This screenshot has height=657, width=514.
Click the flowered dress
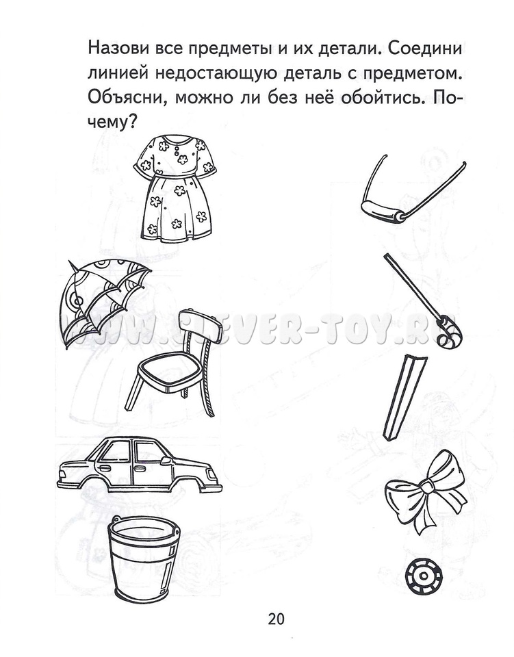(x=175, y=189)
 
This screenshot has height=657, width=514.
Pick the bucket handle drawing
(x=413, y=191)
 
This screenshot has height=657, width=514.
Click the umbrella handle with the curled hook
(x=423, y=302)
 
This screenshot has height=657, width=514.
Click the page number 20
(x=276, y=619)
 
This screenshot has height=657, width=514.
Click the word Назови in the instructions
(x=114, y=49)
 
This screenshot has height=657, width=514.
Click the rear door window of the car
(x=149, y=453)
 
